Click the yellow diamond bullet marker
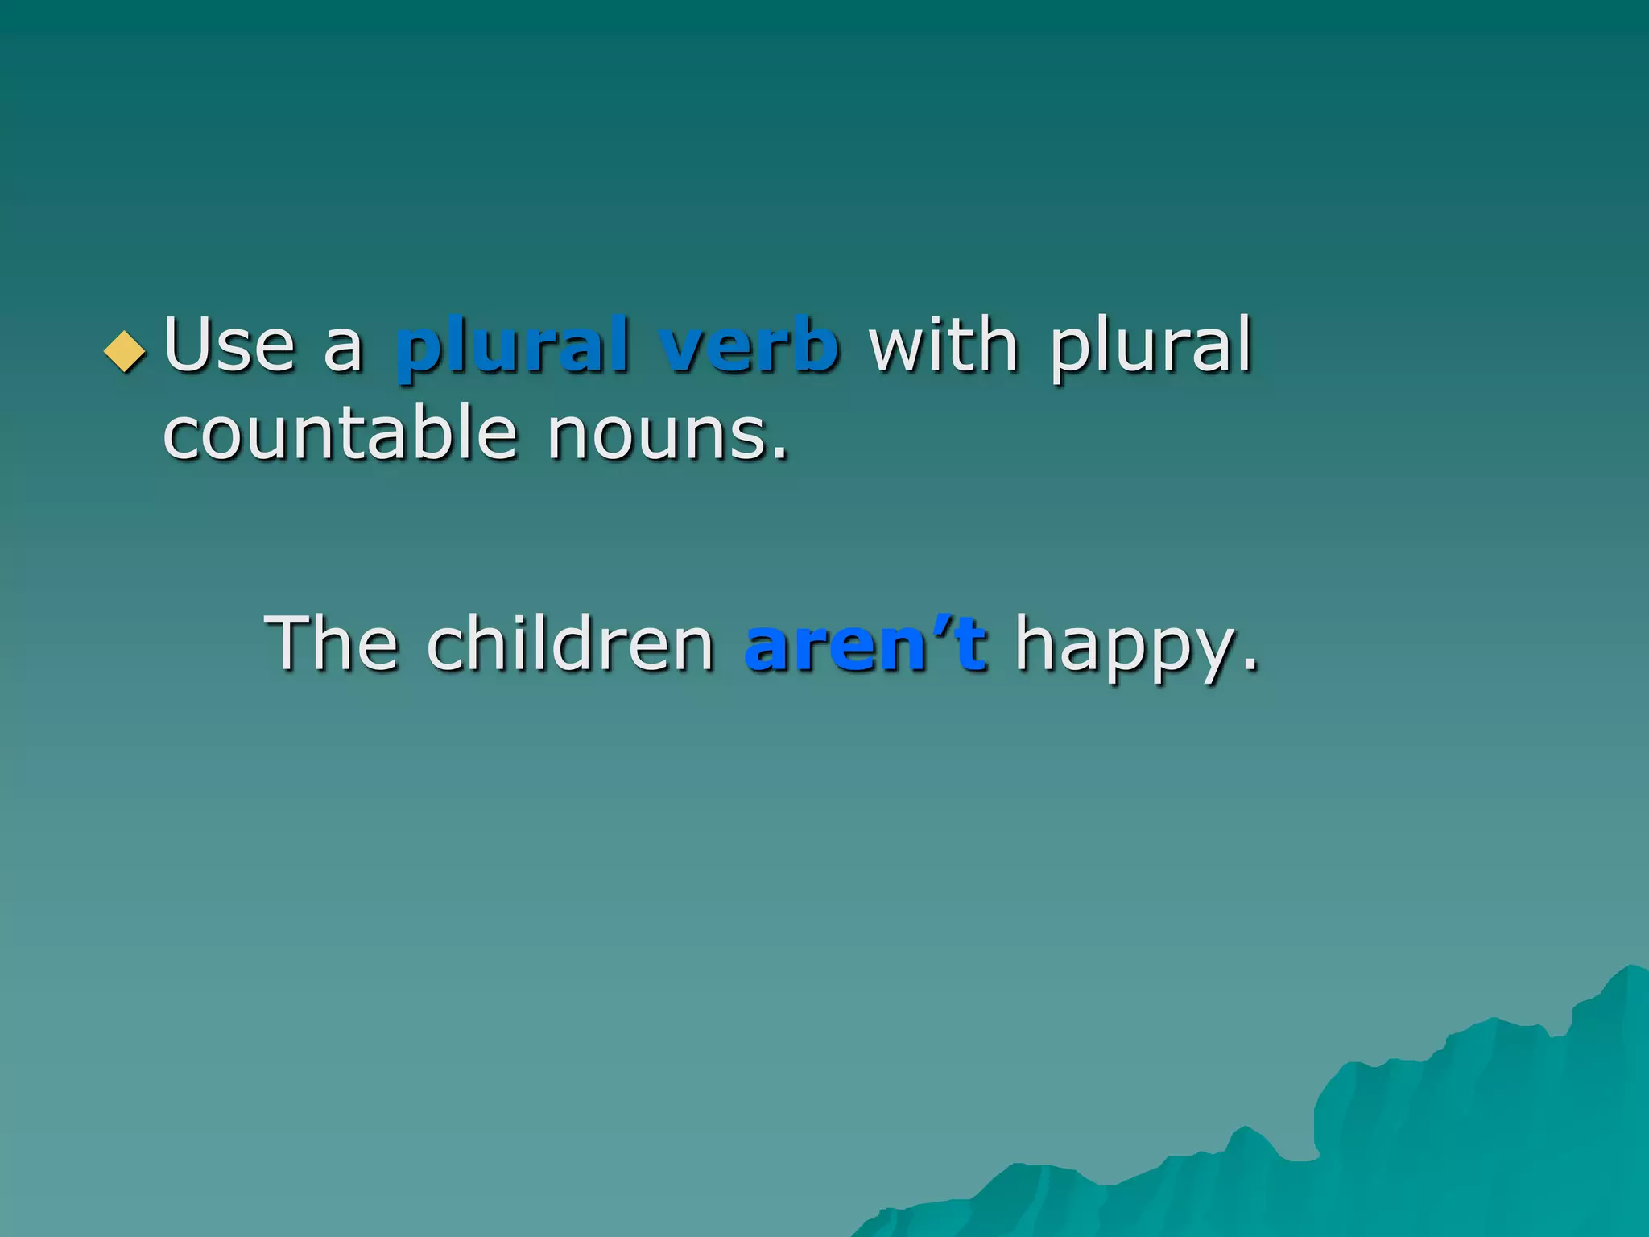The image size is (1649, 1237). pos(126,352)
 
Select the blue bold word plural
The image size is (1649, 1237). pos(512,346)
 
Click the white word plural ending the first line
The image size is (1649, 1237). pos(1151,346)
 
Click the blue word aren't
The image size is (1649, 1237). pos(865,644)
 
